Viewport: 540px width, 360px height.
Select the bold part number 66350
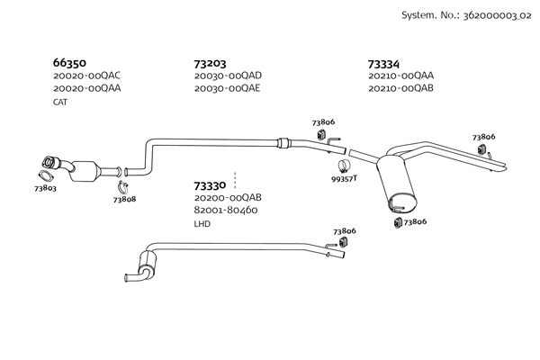pyautogui.click(x=69, y=64)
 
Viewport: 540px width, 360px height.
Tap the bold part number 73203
pyautogui.click(x=211, y=64)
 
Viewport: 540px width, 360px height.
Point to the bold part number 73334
pyautogui.click(x=386, y=64)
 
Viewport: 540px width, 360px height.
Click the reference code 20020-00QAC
pyautogui.click(x=87, y=76)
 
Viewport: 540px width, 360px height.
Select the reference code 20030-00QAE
pyautogui.click(x=228, y=88)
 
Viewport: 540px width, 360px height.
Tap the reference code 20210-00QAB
pyautogui.click(x=401, y=88)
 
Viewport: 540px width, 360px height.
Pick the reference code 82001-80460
pyautogui.click(x=226, y=210)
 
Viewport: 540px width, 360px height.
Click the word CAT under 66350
pyautogui.click(x=60, y=102)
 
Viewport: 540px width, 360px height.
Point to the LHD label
pyautogui.click(x=202, y=223)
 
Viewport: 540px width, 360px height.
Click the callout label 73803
pyautogui.click(x=45, y=189)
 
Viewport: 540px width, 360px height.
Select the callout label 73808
pyautogui.click(x=124, y=199)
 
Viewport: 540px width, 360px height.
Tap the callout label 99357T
pyautogui.click(x=344, y=178)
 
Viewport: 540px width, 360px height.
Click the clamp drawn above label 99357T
pyautogui.click(x=342, y=165)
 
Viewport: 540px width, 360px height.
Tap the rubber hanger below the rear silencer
pyautogui.click(x=397, y=221)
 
